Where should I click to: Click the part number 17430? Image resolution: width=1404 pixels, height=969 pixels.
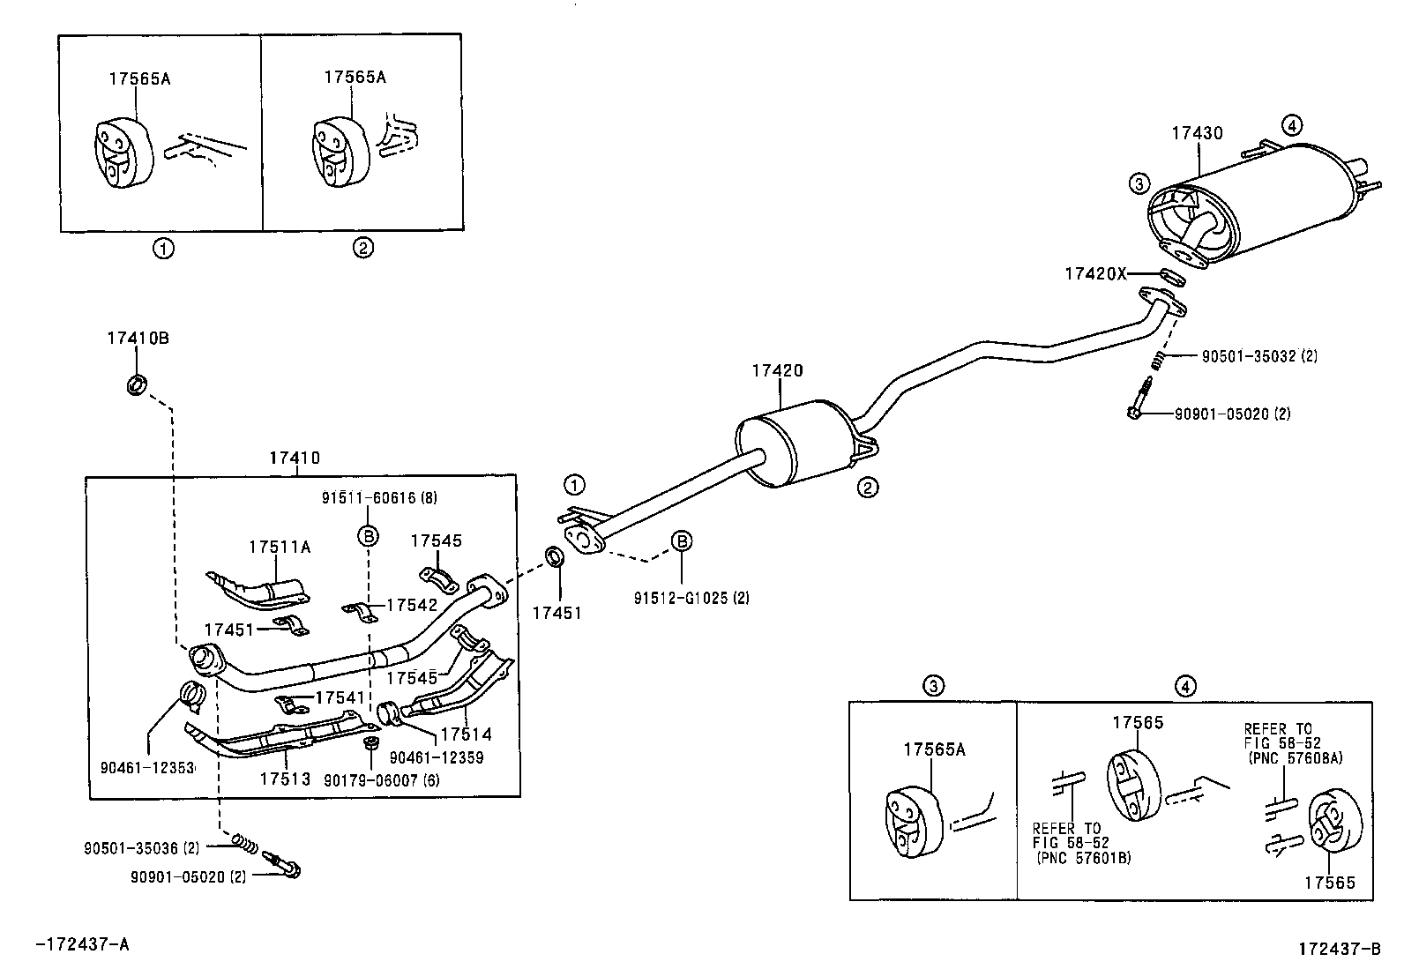pyautogui.click(x=1197, y=134)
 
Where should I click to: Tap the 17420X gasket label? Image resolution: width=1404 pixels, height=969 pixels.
pyautogui.click(x=1095, y=273)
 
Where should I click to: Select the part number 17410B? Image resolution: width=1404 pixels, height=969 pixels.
pyautogui.click(x=138, y=338)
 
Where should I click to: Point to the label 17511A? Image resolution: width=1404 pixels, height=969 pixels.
pyautogui.click(x=279, y=547)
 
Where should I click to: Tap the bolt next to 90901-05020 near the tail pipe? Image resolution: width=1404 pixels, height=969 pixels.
pyautogui.click(x=1139, y=402)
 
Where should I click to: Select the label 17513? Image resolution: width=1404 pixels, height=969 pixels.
pyautogui.click(x=285, y=779)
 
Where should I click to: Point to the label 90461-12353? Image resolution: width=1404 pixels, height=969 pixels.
pyautogui.click(x=146, y=768)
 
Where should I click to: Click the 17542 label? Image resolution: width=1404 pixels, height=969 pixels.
pyautogui.click(x=412, y=606)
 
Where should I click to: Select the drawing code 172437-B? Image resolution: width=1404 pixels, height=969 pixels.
pyautogui.click(x=1338, y=949)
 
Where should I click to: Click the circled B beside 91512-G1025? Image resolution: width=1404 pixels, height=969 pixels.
pyautogui.click(x=683, y=541)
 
